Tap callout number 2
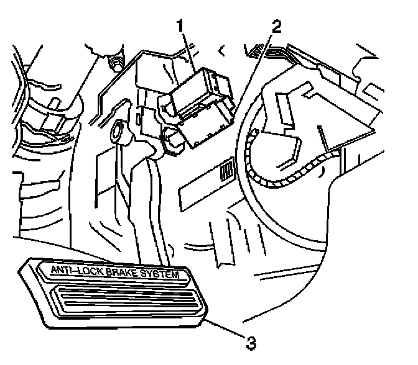[276, 27]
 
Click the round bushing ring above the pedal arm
[116, 132]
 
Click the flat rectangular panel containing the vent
[205, 186]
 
